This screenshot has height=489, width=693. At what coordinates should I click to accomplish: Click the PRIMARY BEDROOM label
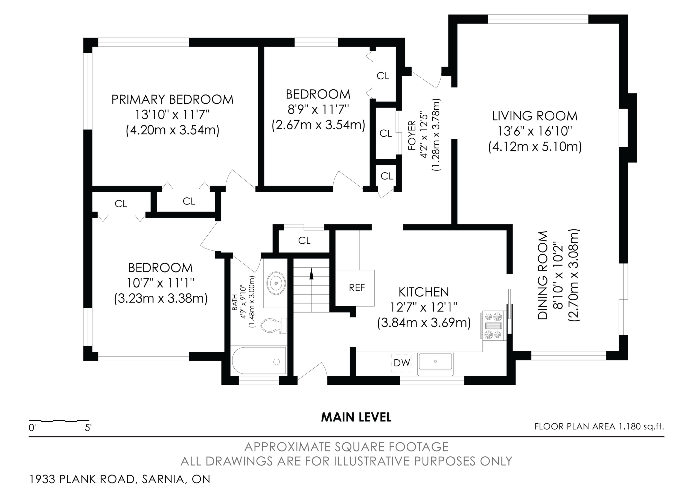173,99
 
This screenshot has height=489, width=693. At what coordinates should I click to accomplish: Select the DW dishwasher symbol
401,363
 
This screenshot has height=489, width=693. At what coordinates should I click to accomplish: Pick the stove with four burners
494,326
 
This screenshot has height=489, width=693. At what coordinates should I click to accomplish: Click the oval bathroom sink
276,283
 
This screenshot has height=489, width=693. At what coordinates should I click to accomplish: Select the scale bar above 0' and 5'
59,420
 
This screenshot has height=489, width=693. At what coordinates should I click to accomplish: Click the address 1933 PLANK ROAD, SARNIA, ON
119,479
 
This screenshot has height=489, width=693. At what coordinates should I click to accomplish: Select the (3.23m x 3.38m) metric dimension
161,298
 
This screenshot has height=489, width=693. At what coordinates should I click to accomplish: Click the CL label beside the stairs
304,241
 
